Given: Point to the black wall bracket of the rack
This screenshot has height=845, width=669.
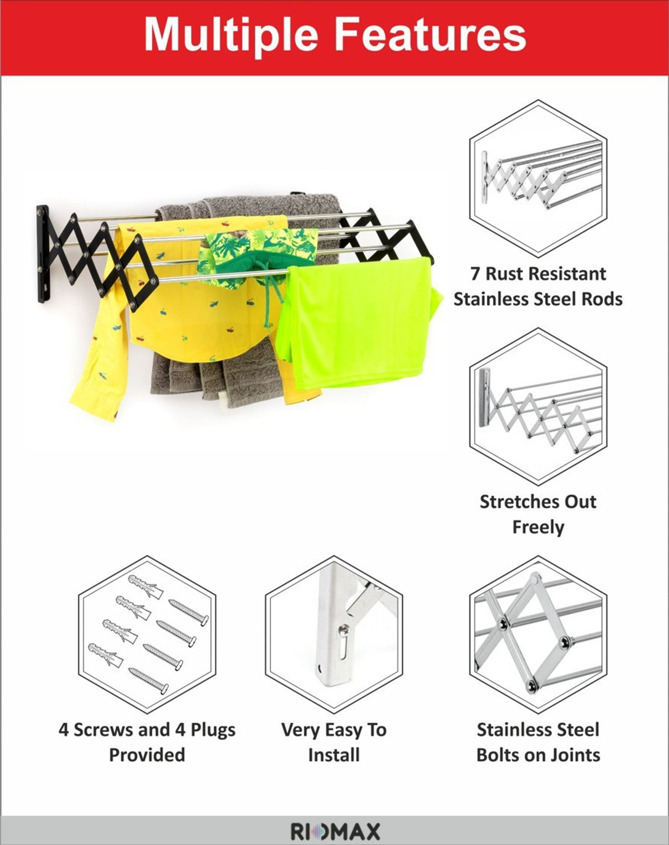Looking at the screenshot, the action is [44, 254].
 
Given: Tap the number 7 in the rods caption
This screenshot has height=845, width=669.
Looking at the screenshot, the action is [475, 274].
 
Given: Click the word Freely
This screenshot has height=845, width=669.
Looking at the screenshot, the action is [538, 527].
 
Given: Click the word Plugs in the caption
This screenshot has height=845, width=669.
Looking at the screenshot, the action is [213, 731].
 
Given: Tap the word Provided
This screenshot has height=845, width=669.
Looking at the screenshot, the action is [147, 755].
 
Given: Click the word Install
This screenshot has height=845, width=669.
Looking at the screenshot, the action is [334, 755].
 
